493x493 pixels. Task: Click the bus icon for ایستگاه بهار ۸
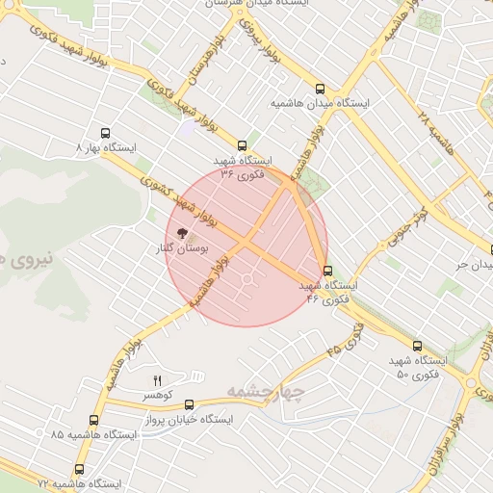coord(105,134)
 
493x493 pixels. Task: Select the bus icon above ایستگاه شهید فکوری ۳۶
coord(242,145)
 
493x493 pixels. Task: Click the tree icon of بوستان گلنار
coord(179,233)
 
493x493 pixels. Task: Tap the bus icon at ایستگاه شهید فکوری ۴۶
coord(328,271)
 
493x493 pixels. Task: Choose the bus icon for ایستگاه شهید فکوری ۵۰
coord(417,345)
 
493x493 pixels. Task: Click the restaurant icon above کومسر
coord(158,380)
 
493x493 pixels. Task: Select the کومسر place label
coord(158,396)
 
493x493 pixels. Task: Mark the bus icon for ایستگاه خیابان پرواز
coord(189,405)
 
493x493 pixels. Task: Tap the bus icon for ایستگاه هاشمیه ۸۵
coord(93,420)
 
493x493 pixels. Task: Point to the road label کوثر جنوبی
coord(415,205)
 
